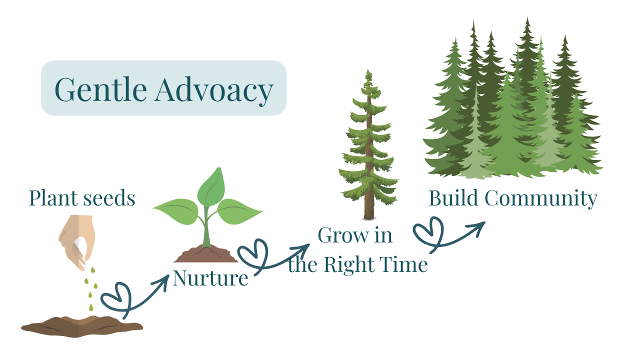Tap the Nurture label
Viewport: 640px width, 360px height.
coord(210,278)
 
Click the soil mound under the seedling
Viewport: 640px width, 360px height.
coord(205,254)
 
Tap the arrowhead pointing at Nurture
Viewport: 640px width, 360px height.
coord(162,280)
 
